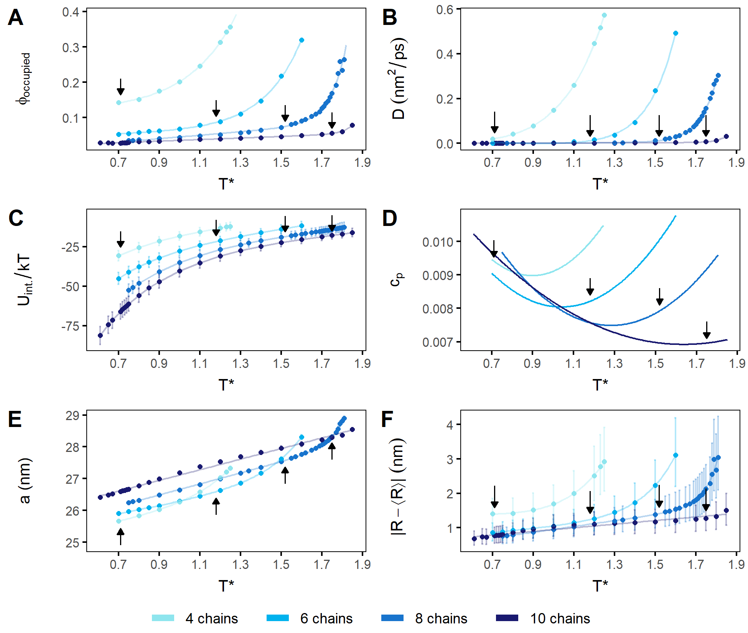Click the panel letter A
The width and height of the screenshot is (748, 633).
[x=15, y=18]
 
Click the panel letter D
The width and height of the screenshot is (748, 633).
[x=389, y=219]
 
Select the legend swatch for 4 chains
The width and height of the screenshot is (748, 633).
[x=163, y=618]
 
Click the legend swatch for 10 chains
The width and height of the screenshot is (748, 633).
[x=507, y=618]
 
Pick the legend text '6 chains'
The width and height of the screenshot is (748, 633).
[x=326, y=618]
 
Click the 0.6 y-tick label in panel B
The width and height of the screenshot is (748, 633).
[x=445, y=10]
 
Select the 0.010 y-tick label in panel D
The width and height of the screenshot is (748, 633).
[x=438, y=242]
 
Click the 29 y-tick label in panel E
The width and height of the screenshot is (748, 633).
[x=72, y=416]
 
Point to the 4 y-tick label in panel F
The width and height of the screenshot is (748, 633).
[x=450, y=425]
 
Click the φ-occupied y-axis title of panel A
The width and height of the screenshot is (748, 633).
[x=24, y=79]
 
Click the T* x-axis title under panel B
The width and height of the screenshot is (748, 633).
[x=600, y=184]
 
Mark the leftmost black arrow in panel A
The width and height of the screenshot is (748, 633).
[x=120, y=87]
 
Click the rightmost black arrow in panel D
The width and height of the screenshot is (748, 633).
[x=707, y=330]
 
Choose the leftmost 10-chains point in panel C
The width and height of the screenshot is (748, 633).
[x=100, y=335]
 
